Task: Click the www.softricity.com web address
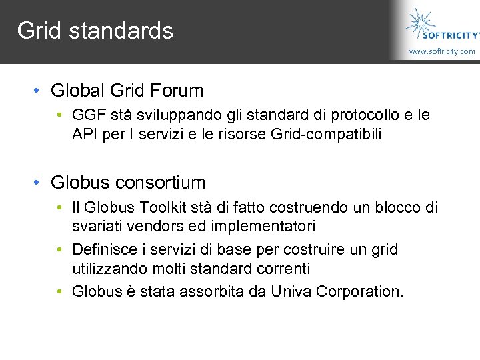pyautogui.click(x=442, y=51)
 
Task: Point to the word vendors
pyautogui.click(x=153, y=226)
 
